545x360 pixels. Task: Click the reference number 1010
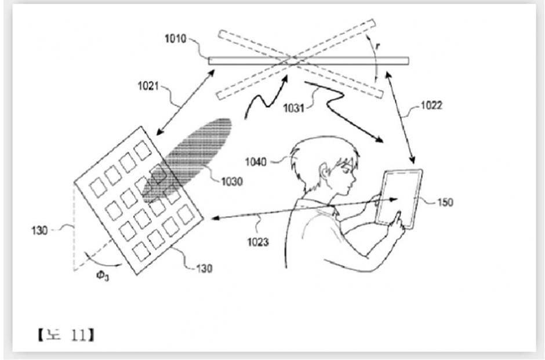176,39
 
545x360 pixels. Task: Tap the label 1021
148,86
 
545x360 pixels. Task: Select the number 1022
431,106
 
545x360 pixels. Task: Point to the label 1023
258,242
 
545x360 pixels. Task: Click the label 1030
232,181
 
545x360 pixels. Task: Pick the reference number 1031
294,108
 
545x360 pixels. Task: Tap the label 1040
256,162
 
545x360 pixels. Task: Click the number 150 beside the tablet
445,202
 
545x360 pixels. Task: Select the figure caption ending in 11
66,335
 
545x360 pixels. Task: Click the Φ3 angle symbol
103,276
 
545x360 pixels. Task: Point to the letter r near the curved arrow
378,45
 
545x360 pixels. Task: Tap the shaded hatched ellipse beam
187,161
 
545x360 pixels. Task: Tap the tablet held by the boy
399,199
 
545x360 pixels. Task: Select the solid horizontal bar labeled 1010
308,61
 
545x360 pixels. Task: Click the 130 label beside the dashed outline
39,230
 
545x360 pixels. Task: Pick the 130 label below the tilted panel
204,268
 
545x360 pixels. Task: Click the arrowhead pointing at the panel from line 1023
216,218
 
